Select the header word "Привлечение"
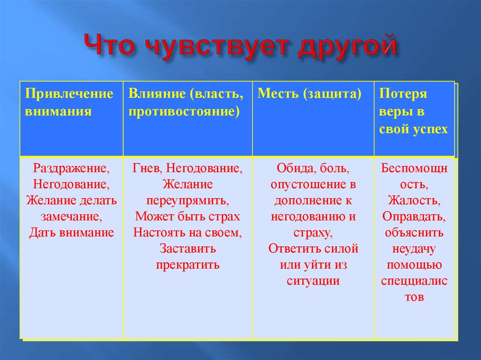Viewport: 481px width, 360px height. click(x=69, y=94)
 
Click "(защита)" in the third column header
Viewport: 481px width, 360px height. click(x=333, y=94)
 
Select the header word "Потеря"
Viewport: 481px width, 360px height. click(x=403, y=94)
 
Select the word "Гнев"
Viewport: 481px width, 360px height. click(x=146, y=168)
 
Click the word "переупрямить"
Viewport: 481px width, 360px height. click(x=187, y=200)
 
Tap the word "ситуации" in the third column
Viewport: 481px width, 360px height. click(x=313, y=281)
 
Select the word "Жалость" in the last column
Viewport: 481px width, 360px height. click(x=414, y=200)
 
